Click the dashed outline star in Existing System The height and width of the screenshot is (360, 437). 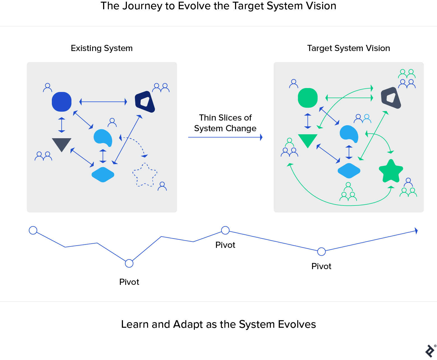click(145, 175)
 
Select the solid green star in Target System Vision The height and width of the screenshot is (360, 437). click(391, 171)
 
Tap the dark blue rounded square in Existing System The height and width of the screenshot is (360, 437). click(62, 102)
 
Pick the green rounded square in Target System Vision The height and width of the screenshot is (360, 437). click(308, 98)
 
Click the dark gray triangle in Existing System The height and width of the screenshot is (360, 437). click(62, 144)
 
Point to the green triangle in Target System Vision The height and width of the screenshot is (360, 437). click(308, 140)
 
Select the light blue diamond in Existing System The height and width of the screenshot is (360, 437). click(103, 175)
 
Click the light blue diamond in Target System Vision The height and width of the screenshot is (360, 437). click(349, 171)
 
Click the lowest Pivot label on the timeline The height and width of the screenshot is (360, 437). click(129, 282)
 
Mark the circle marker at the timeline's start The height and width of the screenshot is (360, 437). click(33, 230)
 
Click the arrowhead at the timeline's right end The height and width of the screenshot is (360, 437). click(416, 231)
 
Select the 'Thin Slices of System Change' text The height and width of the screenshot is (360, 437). click(225, 123)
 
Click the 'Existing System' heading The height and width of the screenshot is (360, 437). click(102, 48)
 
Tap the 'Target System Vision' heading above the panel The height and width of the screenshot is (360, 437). click(348, 48)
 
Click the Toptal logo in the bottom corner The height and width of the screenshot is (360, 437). click(430, 351)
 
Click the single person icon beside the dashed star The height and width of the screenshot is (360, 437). click(162, 186)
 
